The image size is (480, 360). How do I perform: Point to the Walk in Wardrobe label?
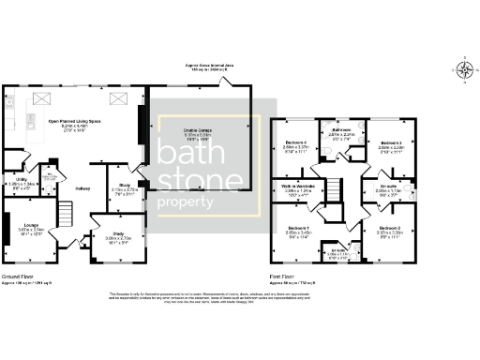click(x=300, y=185)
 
